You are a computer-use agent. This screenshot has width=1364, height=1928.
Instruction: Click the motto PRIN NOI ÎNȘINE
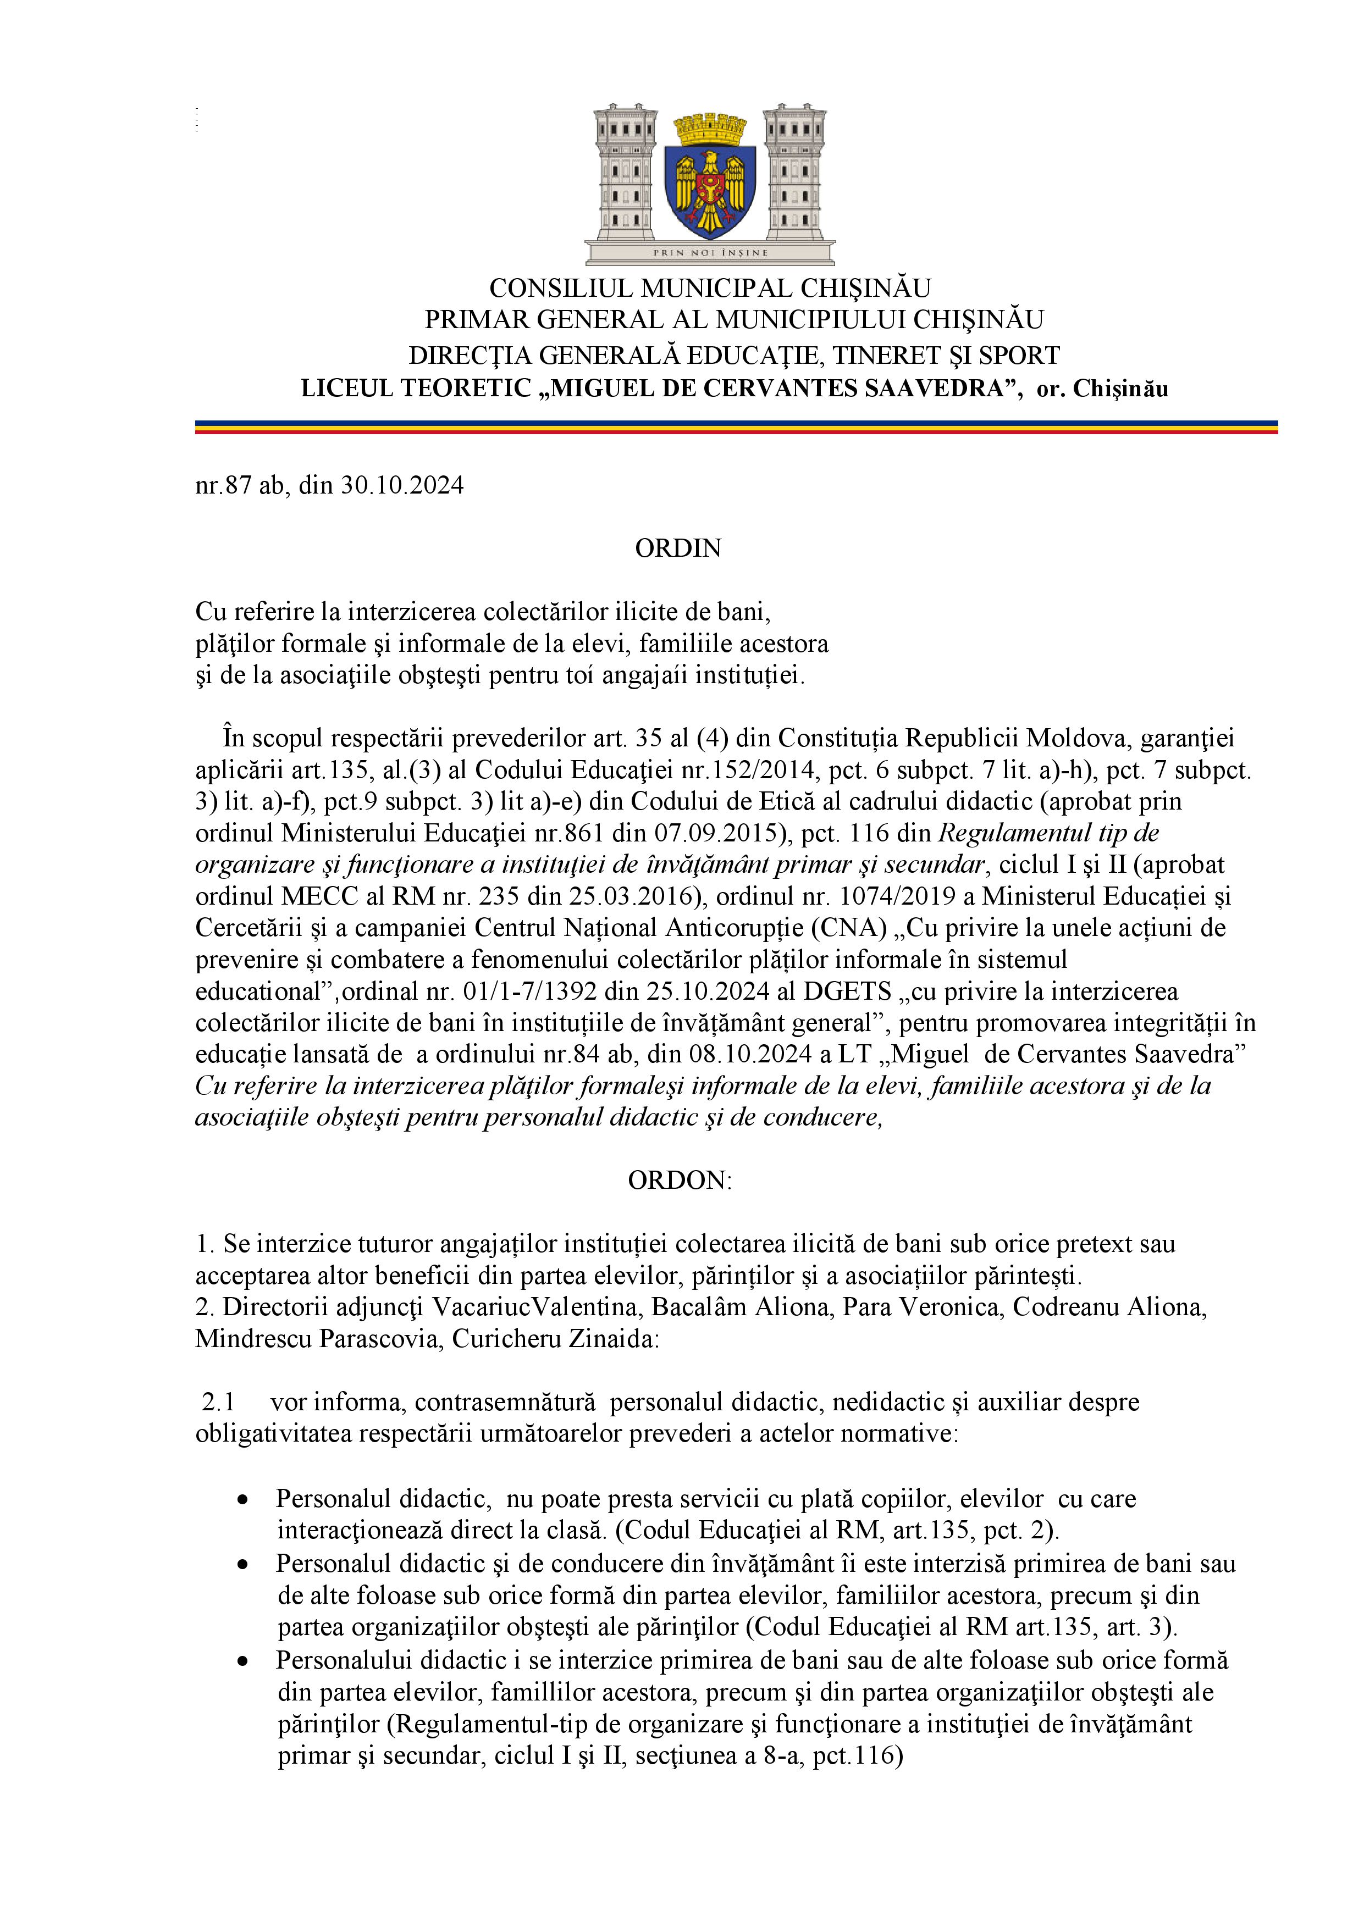tap(710, 252)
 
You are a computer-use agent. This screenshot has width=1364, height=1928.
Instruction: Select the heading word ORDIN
tap(678, 549)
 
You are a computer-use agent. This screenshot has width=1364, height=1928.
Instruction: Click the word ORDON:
tap(680, 1180)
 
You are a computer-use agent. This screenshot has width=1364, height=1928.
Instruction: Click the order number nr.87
tap(224, 486)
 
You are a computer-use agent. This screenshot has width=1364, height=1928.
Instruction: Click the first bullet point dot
tap(244, 1500)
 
